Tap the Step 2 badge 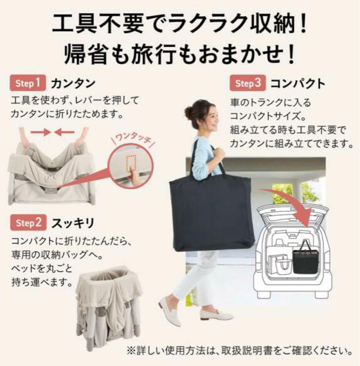click(29, 223)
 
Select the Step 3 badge click(248, 84)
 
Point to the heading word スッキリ click(73, 223)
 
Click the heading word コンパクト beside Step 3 click(298, 84)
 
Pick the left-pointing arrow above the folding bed click(64, 132)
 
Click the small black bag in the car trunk click(305, 260)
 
